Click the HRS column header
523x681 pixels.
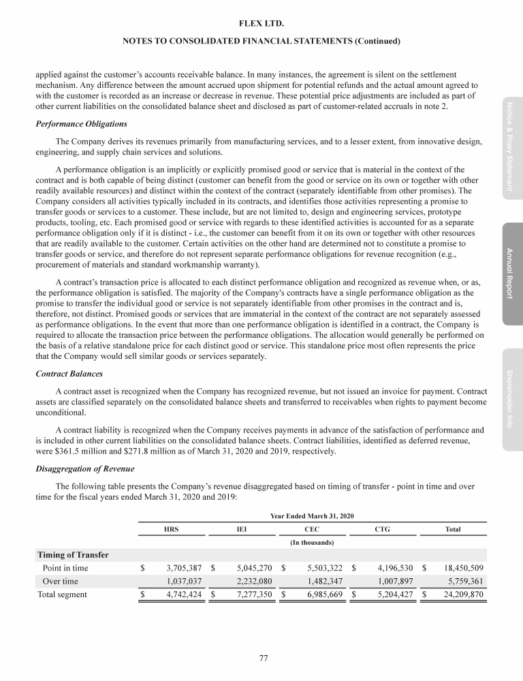tap(172, 528)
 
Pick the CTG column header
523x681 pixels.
tap(383, 528)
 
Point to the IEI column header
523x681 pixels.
tap(242, 528)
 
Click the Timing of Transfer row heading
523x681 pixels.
tap(73, 554)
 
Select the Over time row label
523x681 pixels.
tap(60, 581)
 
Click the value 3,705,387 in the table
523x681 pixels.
tap(180, 567)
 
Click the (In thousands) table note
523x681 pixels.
tap(312, 542)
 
